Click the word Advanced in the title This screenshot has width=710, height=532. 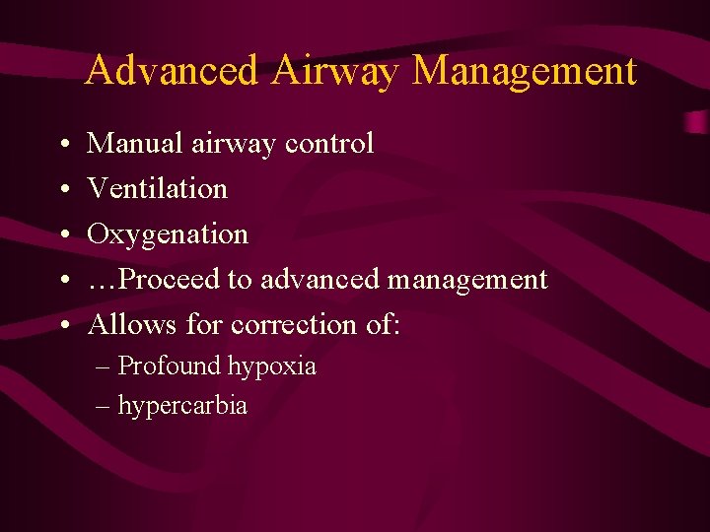tap(172, 71)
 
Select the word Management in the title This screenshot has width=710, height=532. tap(525, 71)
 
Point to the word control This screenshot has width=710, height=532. tap(329, 144)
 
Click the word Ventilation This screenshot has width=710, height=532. tap(158, 188)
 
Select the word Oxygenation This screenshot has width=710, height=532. tap(168, 234)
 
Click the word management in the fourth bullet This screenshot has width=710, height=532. tap(467, 280)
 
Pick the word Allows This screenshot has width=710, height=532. tap(132, 324)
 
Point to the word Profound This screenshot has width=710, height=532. tap(170, 366)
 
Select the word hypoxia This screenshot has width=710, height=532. tap(272, 367)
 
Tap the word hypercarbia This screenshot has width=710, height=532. tap(182, 406)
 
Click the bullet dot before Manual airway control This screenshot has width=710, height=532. tap(62, 146)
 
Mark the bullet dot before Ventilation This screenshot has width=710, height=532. tap(62, 190)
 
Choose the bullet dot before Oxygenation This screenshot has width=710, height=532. tap(62, 235)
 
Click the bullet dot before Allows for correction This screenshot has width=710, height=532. tap(62, 326)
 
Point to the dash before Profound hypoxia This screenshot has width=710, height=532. tap(105, 367)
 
